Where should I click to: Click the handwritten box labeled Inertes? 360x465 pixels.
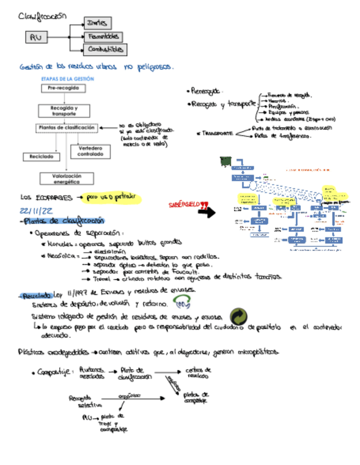click(x=98, y=22)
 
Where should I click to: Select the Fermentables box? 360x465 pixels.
click(x=103, y=37)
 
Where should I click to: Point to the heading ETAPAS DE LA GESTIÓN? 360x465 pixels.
click(x=68, y=79)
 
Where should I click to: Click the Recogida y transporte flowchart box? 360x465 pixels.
click(x=64, y=110)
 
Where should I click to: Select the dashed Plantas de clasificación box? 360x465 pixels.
click(x=67, y=128)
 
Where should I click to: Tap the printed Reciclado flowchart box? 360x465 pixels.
click(x=42, y=156)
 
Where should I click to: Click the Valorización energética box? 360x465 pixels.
click(x=66, y=178)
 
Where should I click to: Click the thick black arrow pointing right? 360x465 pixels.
click(x=206, y=213)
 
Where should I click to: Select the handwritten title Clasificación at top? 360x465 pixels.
click(x=42, y=16)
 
